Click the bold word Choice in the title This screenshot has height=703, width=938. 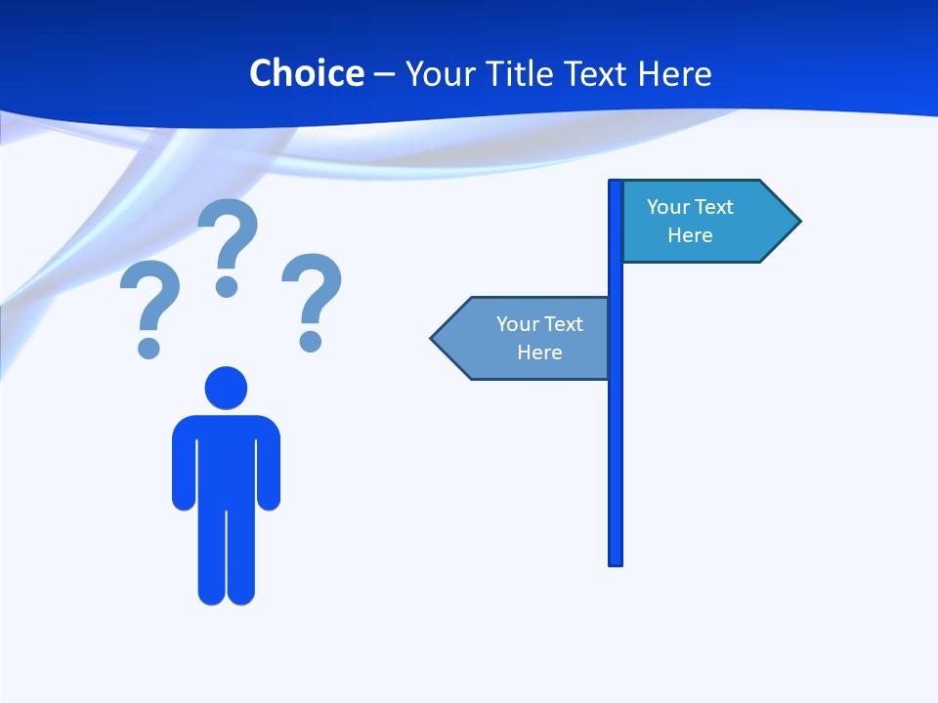tap(306, 73)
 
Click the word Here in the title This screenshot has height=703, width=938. tap(674, 73)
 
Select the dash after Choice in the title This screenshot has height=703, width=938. tap(384, 74)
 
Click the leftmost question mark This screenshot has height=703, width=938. tap(149, 308)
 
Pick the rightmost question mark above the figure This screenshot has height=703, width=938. tap(312, 301)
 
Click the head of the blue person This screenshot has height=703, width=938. tap(226, 388)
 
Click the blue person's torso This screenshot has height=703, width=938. tap(226, 459)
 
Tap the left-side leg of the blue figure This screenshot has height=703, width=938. tap(211, 557)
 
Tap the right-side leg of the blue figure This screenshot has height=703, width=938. tap(241, 557)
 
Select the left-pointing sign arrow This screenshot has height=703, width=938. tap(523, 338)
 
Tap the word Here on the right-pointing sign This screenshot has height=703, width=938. tap(690, 235)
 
